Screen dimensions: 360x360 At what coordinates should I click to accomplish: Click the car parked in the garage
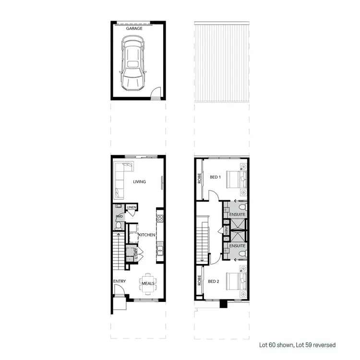click(133, 65)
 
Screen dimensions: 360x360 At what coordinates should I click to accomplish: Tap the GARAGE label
click(134, 29)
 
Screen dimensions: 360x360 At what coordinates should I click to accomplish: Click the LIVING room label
click(140, 181)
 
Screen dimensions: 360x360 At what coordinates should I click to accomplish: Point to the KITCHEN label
click(146, 235)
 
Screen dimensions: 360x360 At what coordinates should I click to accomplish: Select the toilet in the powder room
click(118, 222)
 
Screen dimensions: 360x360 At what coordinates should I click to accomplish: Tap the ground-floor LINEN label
click(132, 207)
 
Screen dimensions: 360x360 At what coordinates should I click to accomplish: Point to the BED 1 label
click(216, 177)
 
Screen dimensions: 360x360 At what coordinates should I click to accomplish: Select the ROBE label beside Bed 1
click(199, 179)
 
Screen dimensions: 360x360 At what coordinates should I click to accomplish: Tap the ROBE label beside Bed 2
click(199, 280)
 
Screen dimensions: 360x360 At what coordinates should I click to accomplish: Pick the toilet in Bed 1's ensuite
click(243, 208)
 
